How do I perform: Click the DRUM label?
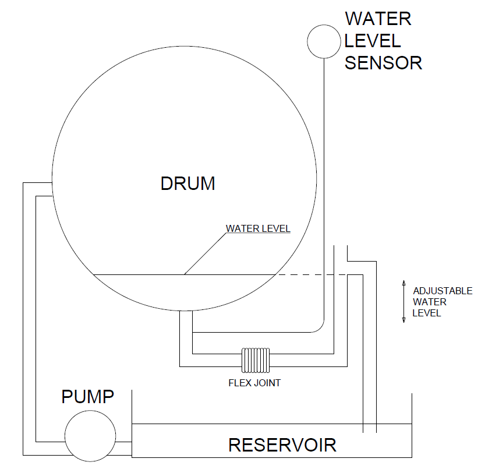[x=187, y=184]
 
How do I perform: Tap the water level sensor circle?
[x=323, y=41]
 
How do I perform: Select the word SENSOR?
[x=383, y=62]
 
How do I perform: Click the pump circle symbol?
[x=90, y=435]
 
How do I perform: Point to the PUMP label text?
[x=88, y=397]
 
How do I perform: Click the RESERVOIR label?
[x=282, y=445]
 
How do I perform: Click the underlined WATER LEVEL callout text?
[x=258, y=228]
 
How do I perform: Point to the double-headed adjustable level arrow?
[x=403, y=301]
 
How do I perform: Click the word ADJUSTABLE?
[x=442, y=291]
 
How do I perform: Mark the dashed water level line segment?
[x=311, y=274]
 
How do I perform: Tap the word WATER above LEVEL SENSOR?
[x=378, y=19]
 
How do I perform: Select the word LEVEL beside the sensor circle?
[x=373, y=41]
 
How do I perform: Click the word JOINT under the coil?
[x=268, y=383]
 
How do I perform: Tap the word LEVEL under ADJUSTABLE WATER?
[x=427, y=313]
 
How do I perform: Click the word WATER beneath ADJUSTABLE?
[x=429, y=302]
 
